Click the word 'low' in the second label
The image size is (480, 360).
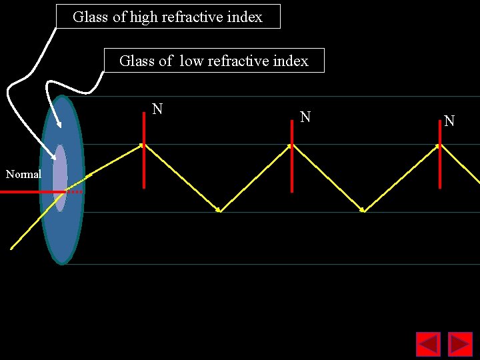coord(191,61)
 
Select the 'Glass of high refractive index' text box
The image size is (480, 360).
coord(167,17)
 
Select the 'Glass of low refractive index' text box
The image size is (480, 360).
coord(214,61)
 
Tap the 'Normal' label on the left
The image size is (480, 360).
coord(23,174)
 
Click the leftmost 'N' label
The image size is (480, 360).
coord(157,109)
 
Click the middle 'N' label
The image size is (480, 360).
coord(305,117)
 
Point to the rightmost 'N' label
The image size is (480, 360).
coord(449,121)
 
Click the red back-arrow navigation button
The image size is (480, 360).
coord(428,344)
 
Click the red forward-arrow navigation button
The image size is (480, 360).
coord(460,344)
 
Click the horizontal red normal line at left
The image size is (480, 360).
coord(30,192)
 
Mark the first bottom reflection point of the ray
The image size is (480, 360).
coord(219,211)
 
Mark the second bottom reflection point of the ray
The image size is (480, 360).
coord(363,211)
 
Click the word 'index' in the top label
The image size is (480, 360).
coord(245,17)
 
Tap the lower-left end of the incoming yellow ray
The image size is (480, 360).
coord(12,248)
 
